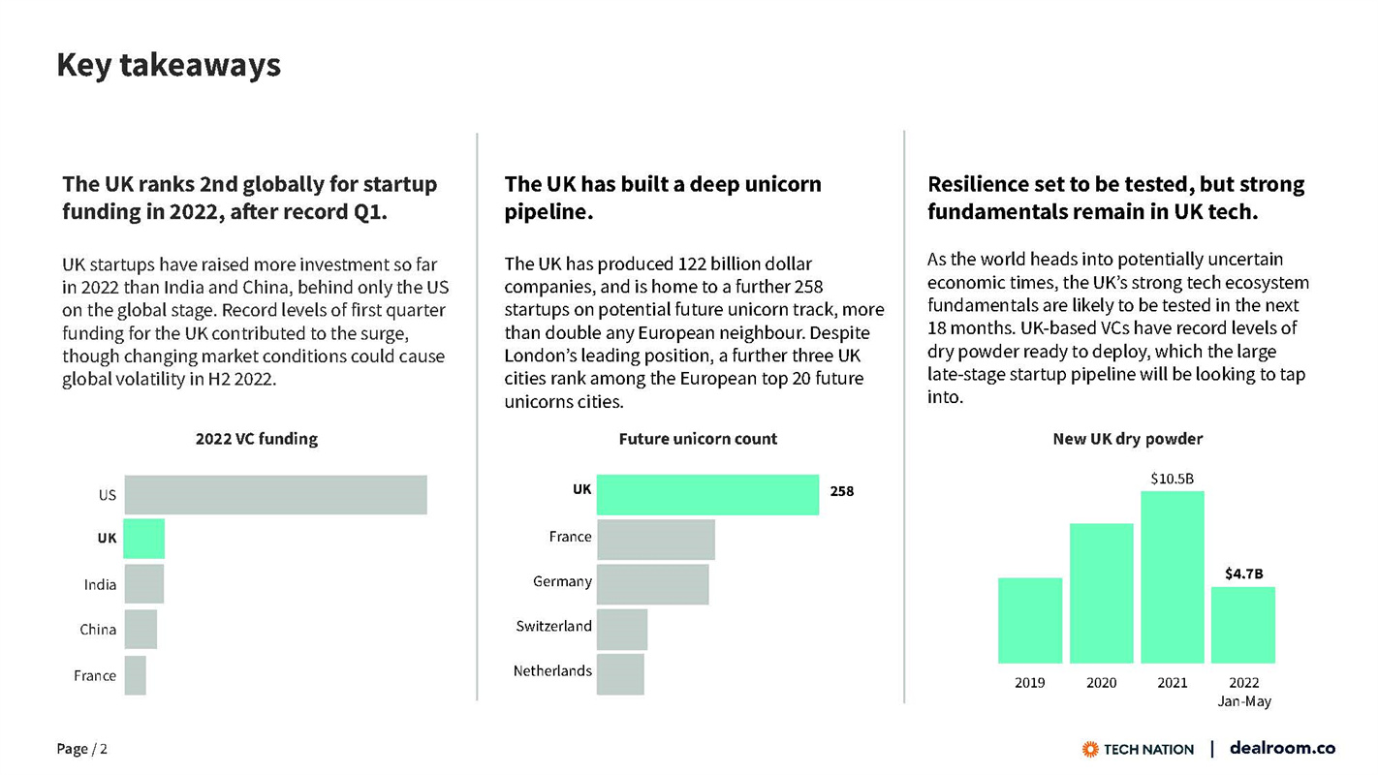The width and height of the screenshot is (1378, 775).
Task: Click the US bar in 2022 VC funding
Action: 275,494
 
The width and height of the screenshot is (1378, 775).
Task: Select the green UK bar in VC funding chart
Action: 144,538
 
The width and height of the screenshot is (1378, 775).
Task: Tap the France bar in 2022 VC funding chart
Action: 136,675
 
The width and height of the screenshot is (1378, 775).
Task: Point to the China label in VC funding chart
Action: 98,630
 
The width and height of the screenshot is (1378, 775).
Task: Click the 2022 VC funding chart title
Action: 256,439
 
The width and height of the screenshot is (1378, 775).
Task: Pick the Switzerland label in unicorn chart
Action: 553,627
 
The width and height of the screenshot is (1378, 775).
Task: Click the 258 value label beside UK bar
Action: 842,491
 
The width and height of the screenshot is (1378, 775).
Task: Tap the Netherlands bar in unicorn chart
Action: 620,673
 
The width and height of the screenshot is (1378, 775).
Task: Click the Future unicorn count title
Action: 698,439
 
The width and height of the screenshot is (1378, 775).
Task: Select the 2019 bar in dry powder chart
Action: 1029,620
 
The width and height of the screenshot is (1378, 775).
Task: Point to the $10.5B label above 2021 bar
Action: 1172,479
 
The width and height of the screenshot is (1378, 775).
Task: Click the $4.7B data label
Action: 1243,573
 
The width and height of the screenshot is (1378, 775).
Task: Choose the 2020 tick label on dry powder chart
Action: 1101,683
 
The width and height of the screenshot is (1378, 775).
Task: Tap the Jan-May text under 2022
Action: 1243,701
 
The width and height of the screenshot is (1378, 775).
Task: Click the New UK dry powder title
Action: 1127,439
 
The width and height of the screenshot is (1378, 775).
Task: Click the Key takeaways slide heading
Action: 169,65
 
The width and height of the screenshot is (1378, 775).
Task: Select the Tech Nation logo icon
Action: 1090,749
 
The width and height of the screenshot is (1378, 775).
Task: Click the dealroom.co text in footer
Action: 1282,748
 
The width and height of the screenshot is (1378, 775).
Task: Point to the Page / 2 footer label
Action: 82,749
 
